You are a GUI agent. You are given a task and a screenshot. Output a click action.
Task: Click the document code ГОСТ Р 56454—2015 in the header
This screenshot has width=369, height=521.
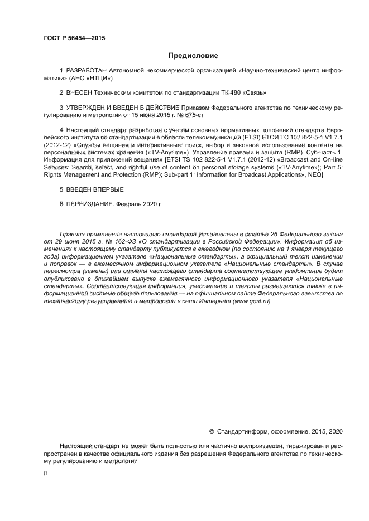74,38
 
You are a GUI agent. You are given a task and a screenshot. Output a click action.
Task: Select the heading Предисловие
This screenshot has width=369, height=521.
193,56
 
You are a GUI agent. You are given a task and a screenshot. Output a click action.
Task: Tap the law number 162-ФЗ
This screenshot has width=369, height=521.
109,242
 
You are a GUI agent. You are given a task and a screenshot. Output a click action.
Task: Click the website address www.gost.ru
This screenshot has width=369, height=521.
251,300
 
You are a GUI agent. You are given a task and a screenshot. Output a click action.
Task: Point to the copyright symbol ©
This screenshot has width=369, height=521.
211,431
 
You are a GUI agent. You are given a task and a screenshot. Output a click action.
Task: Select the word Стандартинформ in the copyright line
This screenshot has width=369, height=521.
242,431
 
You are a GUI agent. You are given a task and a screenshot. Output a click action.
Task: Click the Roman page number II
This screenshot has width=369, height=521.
45,473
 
